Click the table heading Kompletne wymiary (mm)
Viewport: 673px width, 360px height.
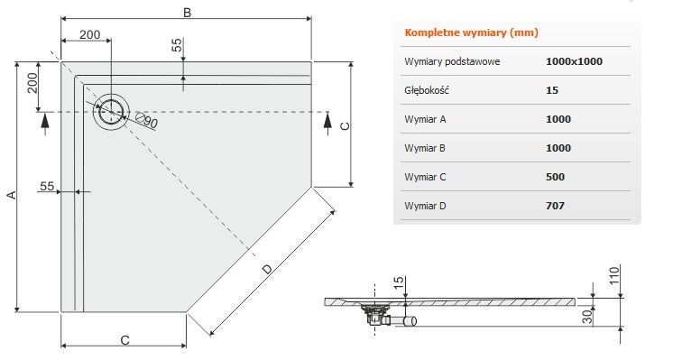pos(470,33)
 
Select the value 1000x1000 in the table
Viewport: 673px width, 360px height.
pos(574,62)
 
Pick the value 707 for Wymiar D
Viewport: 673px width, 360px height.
pos(556,206)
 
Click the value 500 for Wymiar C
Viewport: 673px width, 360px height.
pos(556,177)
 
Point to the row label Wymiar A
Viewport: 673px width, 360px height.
pos(427,119)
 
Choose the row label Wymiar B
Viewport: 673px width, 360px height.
pos(427,148)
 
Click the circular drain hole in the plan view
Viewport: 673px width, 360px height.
pos(111,110)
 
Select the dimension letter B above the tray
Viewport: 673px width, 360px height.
pos(187,12)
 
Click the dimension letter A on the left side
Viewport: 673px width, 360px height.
pos(11,194)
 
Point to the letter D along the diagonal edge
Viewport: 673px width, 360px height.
pos(268,268)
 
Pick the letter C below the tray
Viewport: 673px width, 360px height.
pos(124,339)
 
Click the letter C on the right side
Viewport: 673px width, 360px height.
pos(344,126)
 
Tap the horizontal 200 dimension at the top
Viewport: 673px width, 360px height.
pos(89,34)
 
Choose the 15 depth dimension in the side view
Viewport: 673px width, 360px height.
pos(396,285)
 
